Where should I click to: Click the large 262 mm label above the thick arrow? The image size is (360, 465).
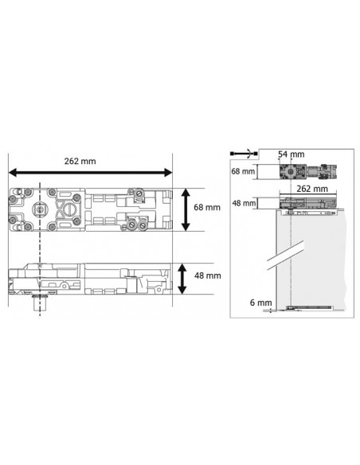[x=80, y=162]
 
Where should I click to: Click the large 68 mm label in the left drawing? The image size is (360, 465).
[x=207, y=207]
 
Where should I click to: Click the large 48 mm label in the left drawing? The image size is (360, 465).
[x=208, y=275]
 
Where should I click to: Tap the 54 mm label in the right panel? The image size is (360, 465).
[x=291, y=154]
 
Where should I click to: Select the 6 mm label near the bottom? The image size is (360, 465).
[x=261, y=303]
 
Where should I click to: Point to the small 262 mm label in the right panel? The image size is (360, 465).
[x=312, y=189]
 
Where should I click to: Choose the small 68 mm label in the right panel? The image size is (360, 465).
[x=243, y=171]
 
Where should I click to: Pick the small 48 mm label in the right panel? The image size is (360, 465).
[x=244, y=204]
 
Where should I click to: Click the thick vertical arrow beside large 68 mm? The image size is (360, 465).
[x=186, y=209]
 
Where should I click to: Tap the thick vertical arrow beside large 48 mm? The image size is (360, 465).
[x=182, y=279]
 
